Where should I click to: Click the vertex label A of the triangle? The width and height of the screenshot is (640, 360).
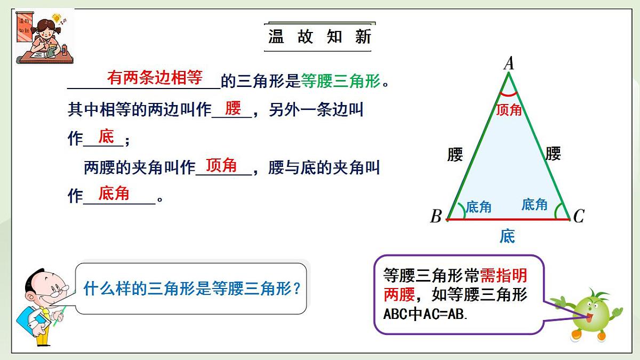[509, 63]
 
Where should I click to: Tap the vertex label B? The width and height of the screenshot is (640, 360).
[436, 217]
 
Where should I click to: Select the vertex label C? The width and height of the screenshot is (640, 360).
[579, 216]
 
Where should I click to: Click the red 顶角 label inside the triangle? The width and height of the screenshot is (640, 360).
[509, 110]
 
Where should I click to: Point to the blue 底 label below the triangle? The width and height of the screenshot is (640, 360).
[507, 236]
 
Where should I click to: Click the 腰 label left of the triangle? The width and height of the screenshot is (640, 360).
[455, 155]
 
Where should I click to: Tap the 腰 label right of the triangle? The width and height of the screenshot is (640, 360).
[553, 154]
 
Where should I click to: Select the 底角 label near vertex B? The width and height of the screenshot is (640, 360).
[478, 207]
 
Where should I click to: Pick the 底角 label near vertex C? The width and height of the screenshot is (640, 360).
[534, 204]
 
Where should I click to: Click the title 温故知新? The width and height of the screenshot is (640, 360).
[319, 37]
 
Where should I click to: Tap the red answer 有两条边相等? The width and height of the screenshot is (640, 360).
[155, 78]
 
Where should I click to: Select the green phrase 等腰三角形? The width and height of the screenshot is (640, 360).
[341, 81]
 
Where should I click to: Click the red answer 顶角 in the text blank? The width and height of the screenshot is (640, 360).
[221, 165]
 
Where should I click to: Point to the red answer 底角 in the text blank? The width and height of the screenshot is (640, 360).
[114, 193]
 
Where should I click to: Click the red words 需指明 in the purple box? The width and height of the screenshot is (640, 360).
[503, 275]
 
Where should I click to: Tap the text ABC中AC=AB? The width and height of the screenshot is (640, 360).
[426, 314]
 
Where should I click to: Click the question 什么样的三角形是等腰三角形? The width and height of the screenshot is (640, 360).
[193, 289]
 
